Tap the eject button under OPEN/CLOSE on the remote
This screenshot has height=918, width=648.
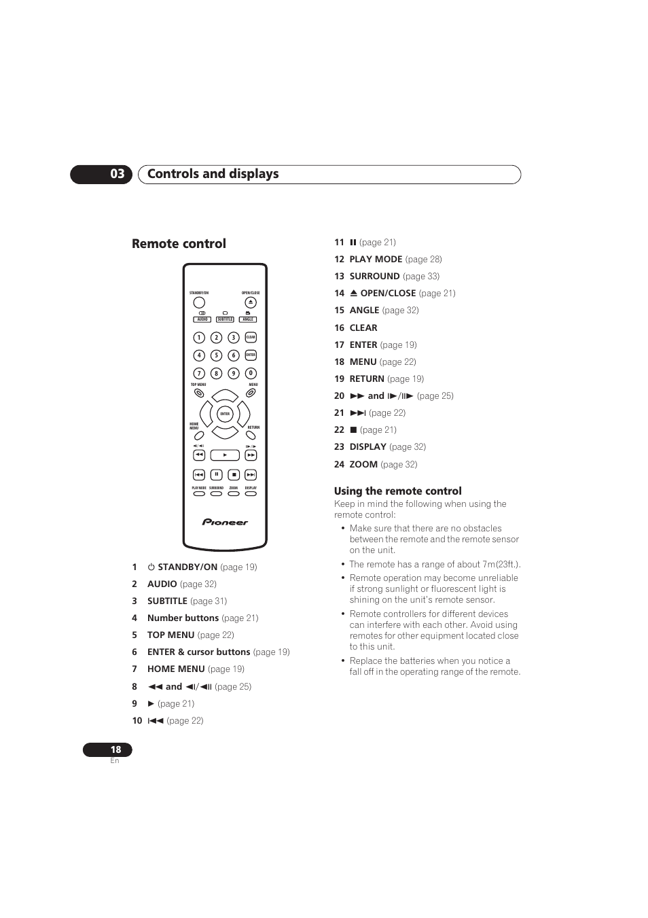tap(251, 302)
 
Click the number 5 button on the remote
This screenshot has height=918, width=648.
tap(216, 355)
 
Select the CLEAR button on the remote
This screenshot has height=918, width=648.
tap(251, 338)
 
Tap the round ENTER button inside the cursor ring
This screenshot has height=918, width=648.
tap(225, 414)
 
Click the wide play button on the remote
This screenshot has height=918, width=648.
tap(225, 455)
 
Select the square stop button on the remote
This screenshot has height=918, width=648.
tap(234, 475)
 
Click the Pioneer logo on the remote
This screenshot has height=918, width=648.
tap(225, 523)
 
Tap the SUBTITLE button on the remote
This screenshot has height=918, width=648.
tap(225, 319)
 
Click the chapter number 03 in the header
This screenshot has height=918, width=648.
tap(117, 174)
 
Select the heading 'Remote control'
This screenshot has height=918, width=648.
tap(179, 244)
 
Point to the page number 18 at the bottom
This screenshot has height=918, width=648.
tap(115, 749)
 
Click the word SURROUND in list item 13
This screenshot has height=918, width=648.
tap(374, 277)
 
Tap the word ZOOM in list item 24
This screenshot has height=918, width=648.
tap(363, 465)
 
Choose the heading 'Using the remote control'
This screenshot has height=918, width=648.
tap(397, 491)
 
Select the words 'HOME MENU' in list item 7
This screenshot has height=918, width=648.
tap(176, 669)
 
